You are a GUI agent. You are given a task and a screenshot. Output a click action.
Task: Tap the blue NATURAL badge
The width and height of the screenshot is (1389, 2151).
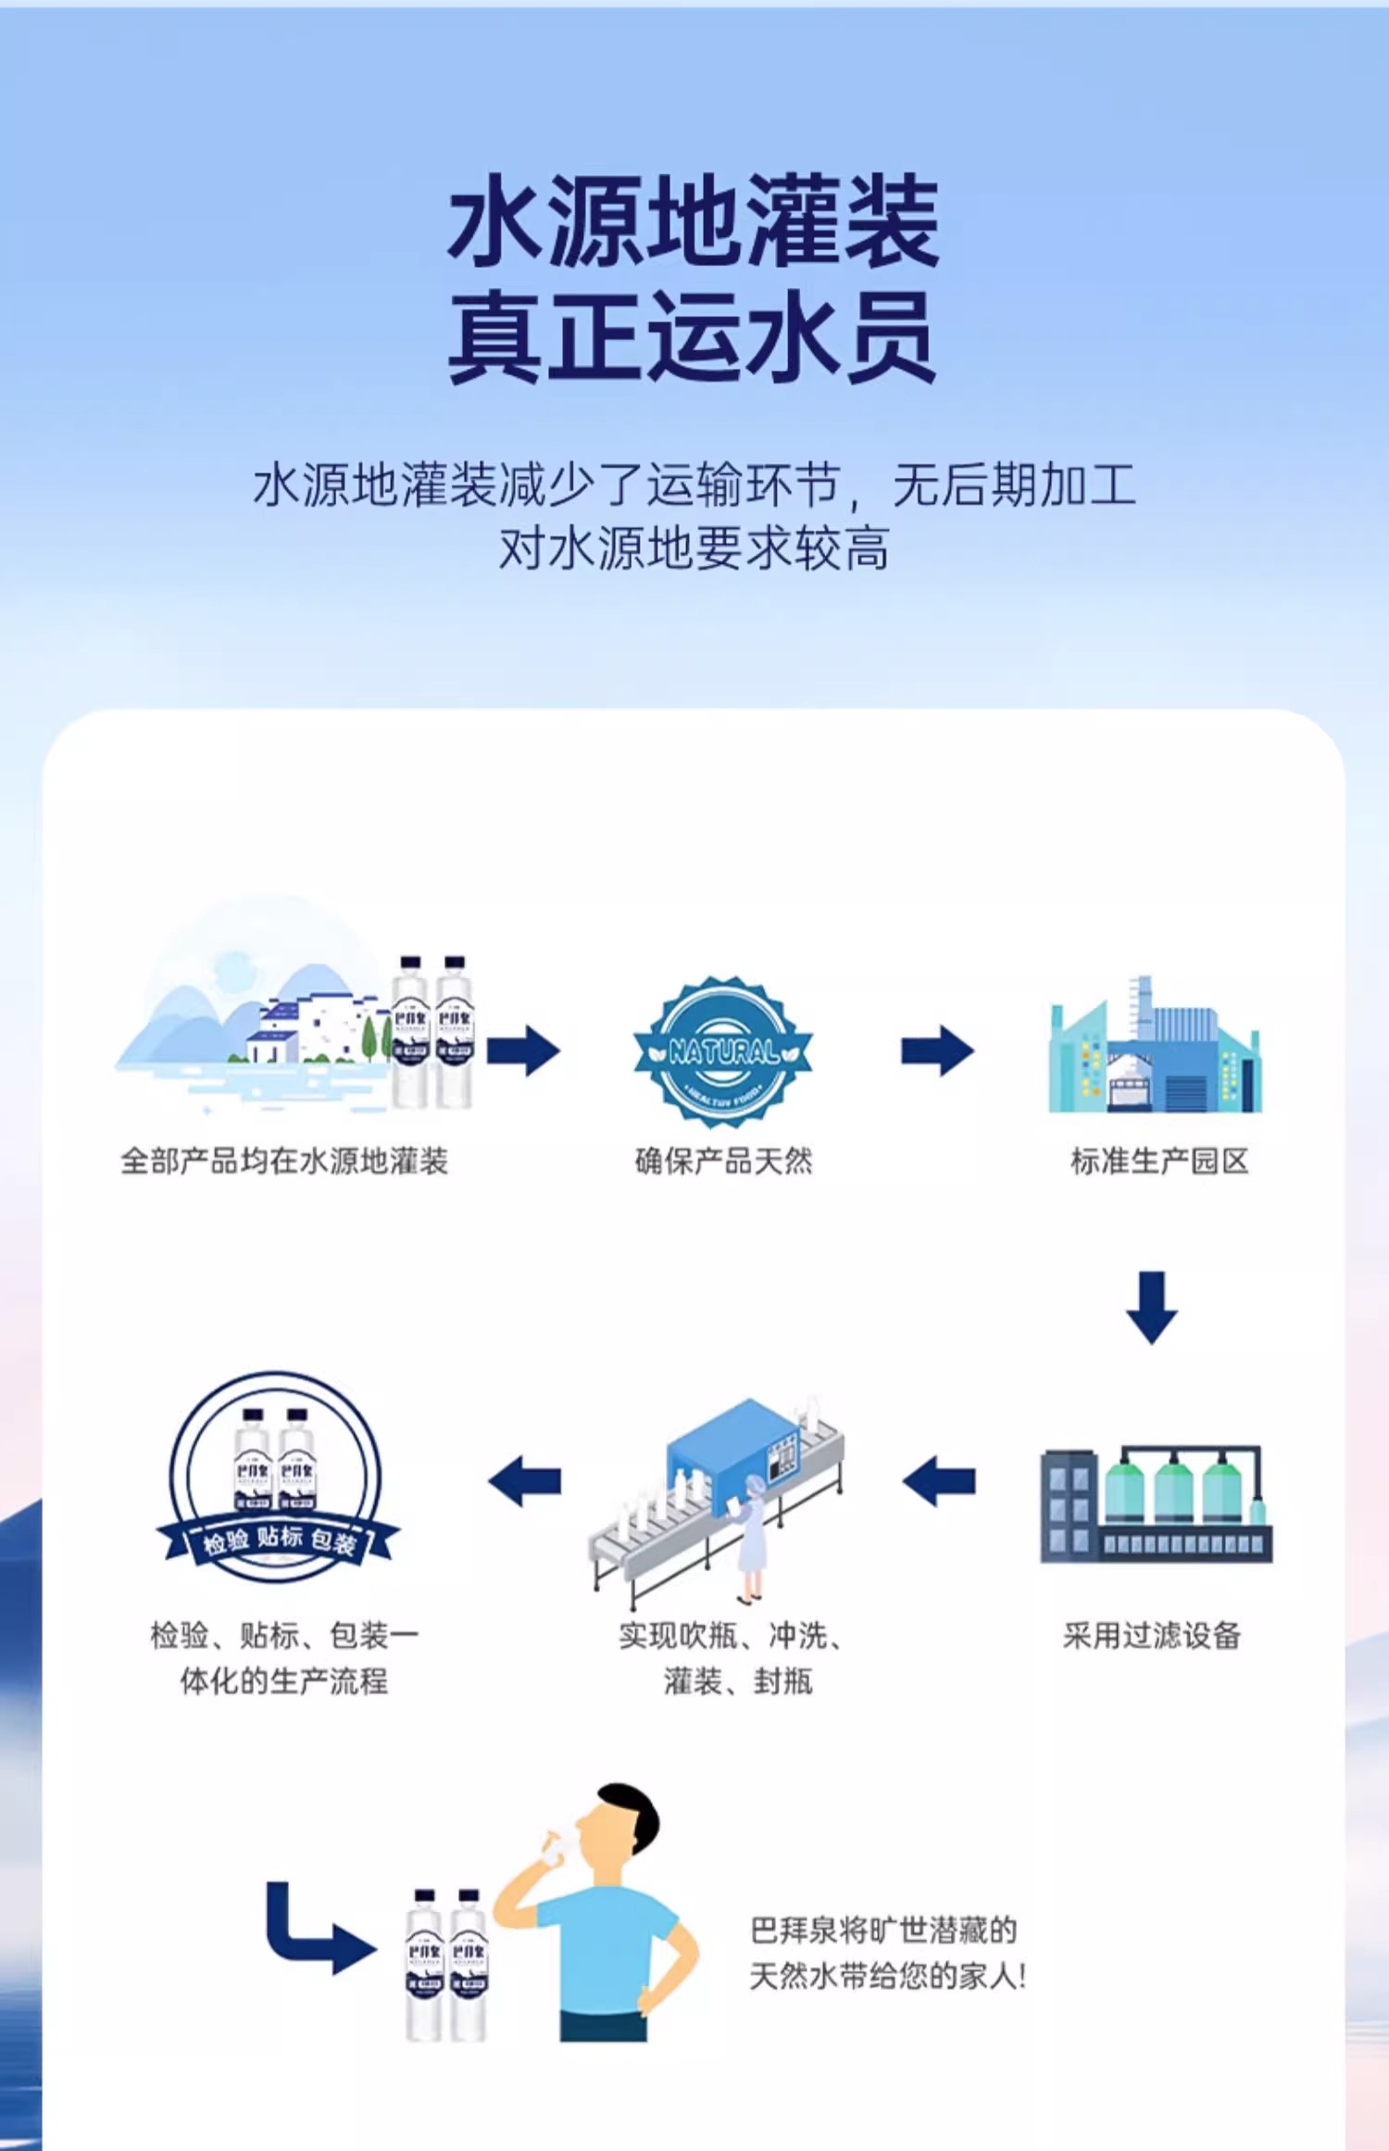tap(723, 1052)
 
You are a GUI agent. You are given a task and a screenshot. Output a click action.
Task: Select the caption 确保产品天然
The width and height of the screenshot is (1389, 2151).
tap(723, 1161)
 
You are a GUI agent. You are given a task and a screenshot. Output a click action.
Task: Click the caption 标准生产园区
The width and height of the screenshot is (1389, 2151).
tap(1159, 1161)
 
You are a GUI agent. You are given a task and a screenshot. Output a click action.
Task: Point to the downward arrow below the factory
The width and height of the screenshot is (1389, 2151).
tap(1152, 1307)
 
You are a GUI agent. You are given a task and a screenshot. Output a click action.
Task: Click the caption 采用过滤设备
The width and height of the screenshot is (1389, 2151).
tap(1152, 1636)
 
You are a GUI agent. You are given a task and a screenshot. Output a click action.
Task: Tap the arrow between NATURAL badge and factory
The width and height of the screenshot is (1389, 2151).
tap(937, 1050)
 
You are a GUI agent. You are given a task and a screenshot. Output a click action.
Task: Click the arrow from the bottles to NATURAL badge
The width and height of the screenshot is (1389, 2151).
tap(523, 1050)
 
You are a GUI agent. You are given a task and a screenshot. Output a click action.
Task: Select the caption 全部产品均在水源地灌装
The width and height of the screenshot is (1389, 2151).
tap(284, 1161)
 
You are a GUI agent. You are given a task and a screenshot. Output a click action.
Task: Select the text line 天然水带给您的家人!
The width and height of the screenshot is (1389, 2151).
tap(887, 1977)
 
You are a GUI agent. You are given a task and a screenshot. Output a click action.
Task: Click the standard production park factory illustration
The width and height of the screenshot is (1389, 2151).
tap(1155, 1047)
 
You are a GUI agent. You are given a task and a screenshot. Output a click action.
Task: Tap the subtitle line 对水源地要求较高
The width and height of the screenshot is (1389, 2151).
tap(694, 548)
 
